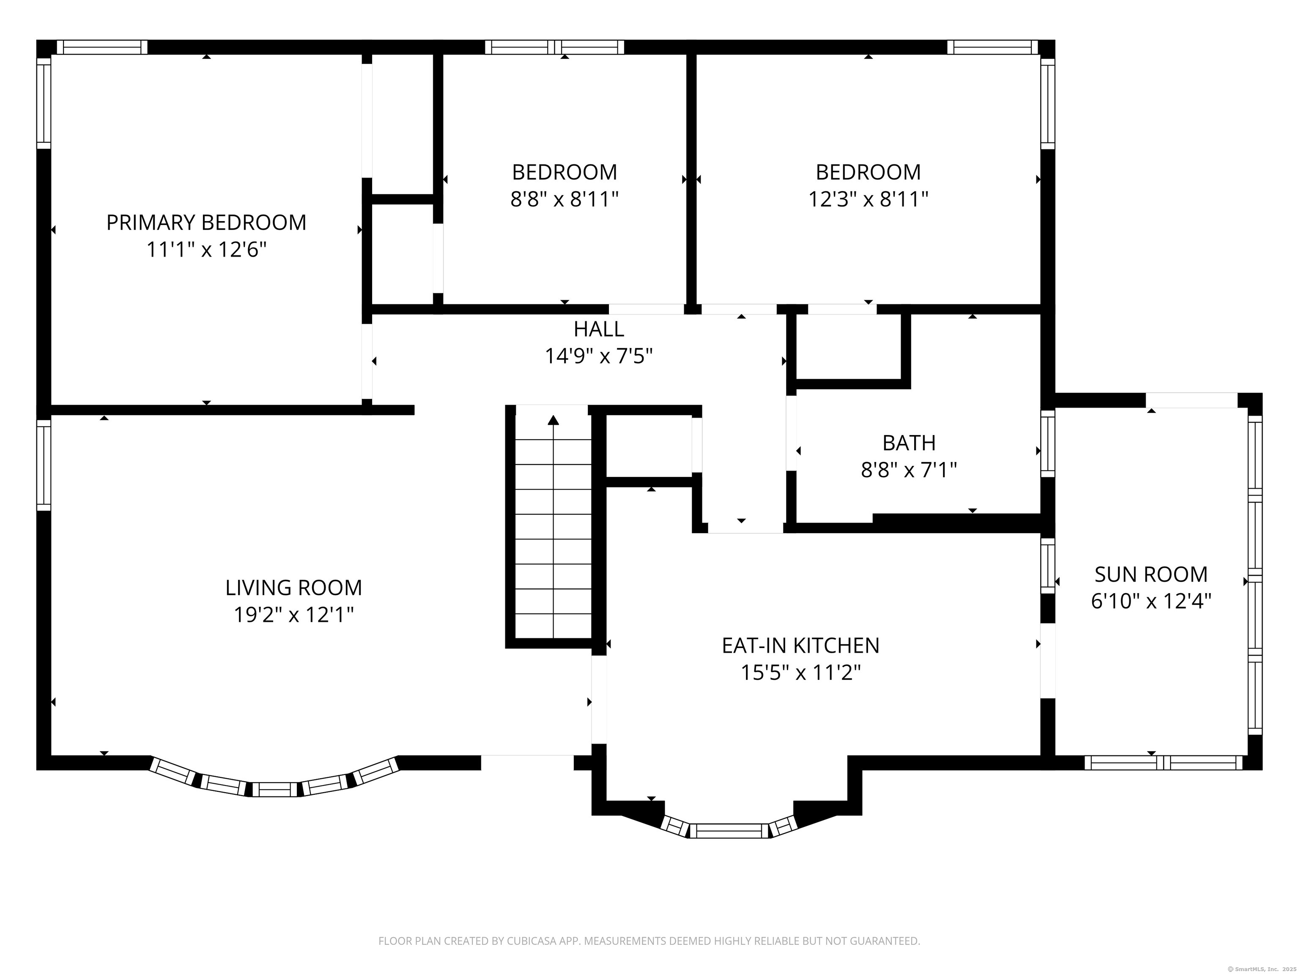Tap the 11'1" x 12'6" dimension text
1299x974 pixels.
[x=206, y=250]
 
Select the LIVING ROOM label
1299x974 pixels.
[x=293, y=588]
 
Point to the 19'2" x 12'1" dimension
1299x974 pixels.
[x=293, y=615]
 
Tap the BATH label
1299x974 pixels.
[x=909, y=443]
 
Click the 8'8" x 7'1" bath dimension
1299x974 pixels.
[x=909, y=470]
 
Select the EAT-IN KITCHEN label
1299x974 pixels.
[x=800, y=646]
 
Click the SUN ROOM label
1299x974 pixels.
[x=1151, y=574]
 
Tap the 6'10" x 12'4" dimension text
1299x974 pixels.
[x=1151, y=601]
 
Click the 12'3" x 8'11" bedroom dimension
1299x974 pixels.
[x=868, y=200]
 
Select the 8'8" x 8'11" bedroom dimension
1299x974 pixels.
[x=565, y=200]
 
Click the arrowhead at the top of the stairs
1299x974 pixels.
[x=553, y=420]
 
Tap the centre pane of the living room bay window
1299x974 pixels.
[x=275, y=790]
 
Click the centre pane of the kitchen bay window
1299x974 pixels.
[x=729, y=831]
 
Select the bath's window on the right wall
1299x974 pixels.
[x=1048, y=443]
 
